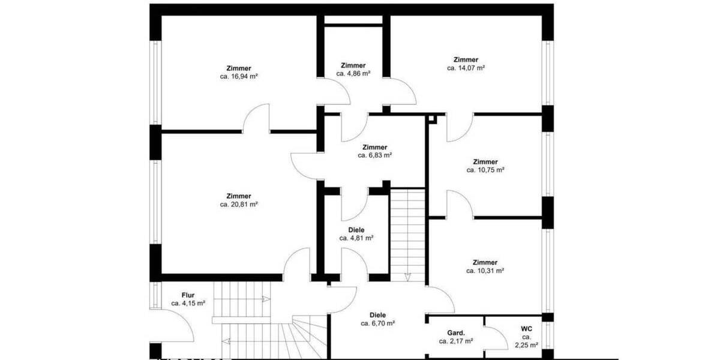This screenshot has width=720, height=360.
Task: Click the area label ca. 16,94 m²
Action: click(239, 77)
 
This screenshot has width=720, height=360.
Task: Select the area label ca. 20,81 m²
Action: click(239, 205)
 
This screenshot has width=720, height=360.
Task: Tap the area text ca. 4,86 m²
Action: click(353, 74)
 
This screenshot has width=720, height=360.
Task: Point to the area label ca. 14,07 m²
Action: click(466, 68)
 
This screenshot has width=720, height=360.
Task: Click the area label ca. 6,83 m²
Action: click(375, 155)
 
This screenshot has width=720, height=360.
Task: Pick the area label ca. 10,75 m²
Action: click(485, 170)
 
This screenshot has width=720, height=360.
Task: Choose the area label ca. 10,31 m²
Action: click(485, 271)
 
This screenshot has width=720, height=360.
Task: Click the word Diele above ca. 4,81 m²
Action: click(356, 230)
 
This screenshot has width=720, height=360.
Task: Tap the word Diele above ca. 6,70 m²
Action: click(377, 315)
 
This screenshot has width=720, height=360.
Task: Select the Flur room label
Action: click(188, 295)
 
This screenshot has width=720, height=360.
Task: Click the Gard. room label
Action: click(456, 333)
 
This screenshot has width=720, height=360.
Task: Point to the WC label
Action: click(526, 329)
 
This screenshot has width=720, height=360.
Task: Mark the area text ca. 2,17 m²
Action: click(456, 341)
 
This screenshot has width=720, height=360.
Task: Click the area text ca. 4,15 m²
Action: click(188, 304)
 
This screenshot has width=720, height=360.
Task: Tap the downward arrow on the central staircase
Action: click(407, 277)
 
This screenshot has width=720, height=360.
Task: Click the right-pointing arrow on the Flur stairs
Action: click(264, 299)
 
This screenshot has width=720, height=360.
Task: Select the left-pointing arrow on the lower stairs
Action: click(224, 341)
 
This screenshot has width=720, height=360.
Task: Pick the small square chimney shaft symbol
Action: click(433, 119)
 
